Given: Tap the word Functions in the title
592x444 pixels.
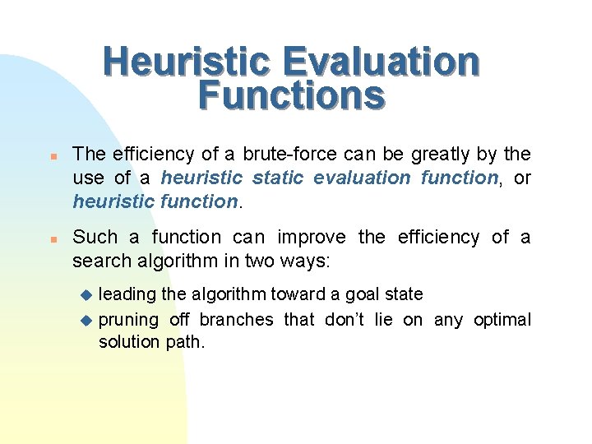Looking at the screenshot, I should (x=291, y=95).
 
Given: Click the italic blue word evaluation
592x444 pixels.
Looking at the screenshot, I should (x=363, y=178).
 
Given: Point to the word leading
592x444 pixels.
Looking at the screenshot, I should (x=127, y=294).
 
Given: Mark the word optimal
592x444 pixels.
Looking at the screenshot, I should (x=502, y=319).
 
